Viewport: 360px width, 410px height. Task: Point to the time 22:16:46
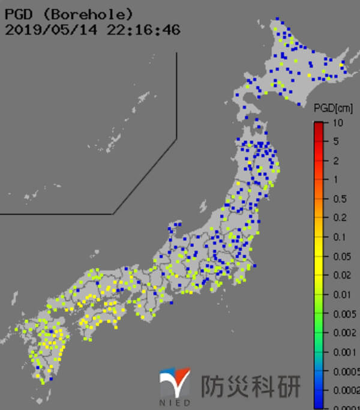click(142, 29)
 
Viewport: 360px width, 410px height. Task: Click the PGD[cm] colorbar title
click(333, 108)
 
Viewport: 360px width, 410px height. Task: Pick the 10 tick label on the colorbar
click(337, 122)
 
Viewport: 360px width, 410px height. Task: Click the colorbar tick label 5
click(335, 142)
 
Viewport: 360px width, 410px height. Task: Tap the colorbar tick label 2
click(335, 161)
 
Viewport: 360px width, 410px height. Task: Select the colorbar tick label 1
click(335, 179)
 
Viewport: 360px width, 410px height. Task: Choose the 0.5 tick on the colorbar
click(339, 199)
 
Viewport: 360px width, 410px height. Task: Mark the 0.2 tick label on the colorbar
click(339, 218)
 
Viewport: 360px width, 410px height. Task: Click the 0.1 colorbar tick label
click(339, 237)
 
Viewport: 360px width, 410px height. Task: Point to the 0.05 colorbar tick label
click(341, 256)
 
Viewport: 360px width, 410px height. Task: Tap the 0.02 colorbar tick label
click(341, 275)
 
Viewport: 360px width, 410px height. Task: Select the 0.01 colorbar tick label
click(341, 294)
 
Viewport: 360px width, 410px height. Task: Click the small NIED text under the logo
click(175, 402)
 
